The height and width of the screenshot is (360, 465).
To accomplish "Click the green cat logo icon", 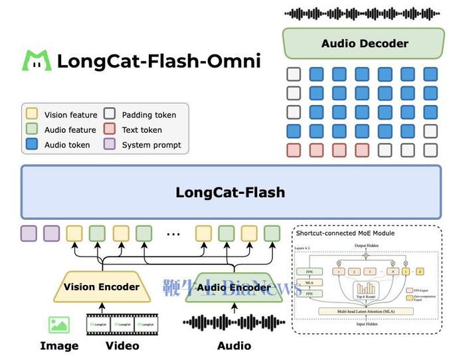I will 37,61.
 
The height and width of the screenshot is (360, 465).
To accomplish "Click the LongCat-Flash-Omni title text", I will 159,61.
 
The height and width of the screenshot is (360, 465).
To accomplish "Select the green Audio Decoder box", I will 363,44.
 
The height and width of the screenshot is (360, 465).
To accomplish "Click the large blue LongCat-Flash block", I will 231,193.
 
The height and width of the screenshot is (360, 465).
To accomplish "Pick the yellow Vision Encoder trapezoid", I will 102,287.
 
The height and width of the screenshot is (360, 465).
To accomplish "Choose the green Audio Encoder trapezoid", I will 233,288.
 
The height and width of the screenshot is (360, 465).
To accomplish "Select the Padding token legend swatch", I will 110,115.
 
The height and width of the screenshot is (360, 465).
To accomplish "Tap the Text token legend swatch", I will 110,130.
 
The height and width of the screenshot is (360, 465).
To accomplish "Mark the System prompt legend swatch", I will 110,144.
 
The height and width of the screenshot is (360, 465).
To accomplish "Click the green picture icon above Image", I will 59,325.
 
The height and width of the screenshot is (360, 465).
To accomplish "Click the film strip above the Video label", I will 122,324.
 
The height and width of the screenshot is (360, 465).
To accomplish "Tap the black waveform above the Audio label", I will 233,323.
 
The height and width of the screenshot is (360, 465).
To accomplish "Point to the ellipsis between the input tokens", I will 173,234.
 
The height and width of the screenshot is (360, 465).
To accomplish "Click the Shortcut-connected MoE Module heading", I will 345,233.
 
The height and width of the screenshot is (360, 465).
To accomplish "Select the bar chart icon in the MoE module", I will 366,290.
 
